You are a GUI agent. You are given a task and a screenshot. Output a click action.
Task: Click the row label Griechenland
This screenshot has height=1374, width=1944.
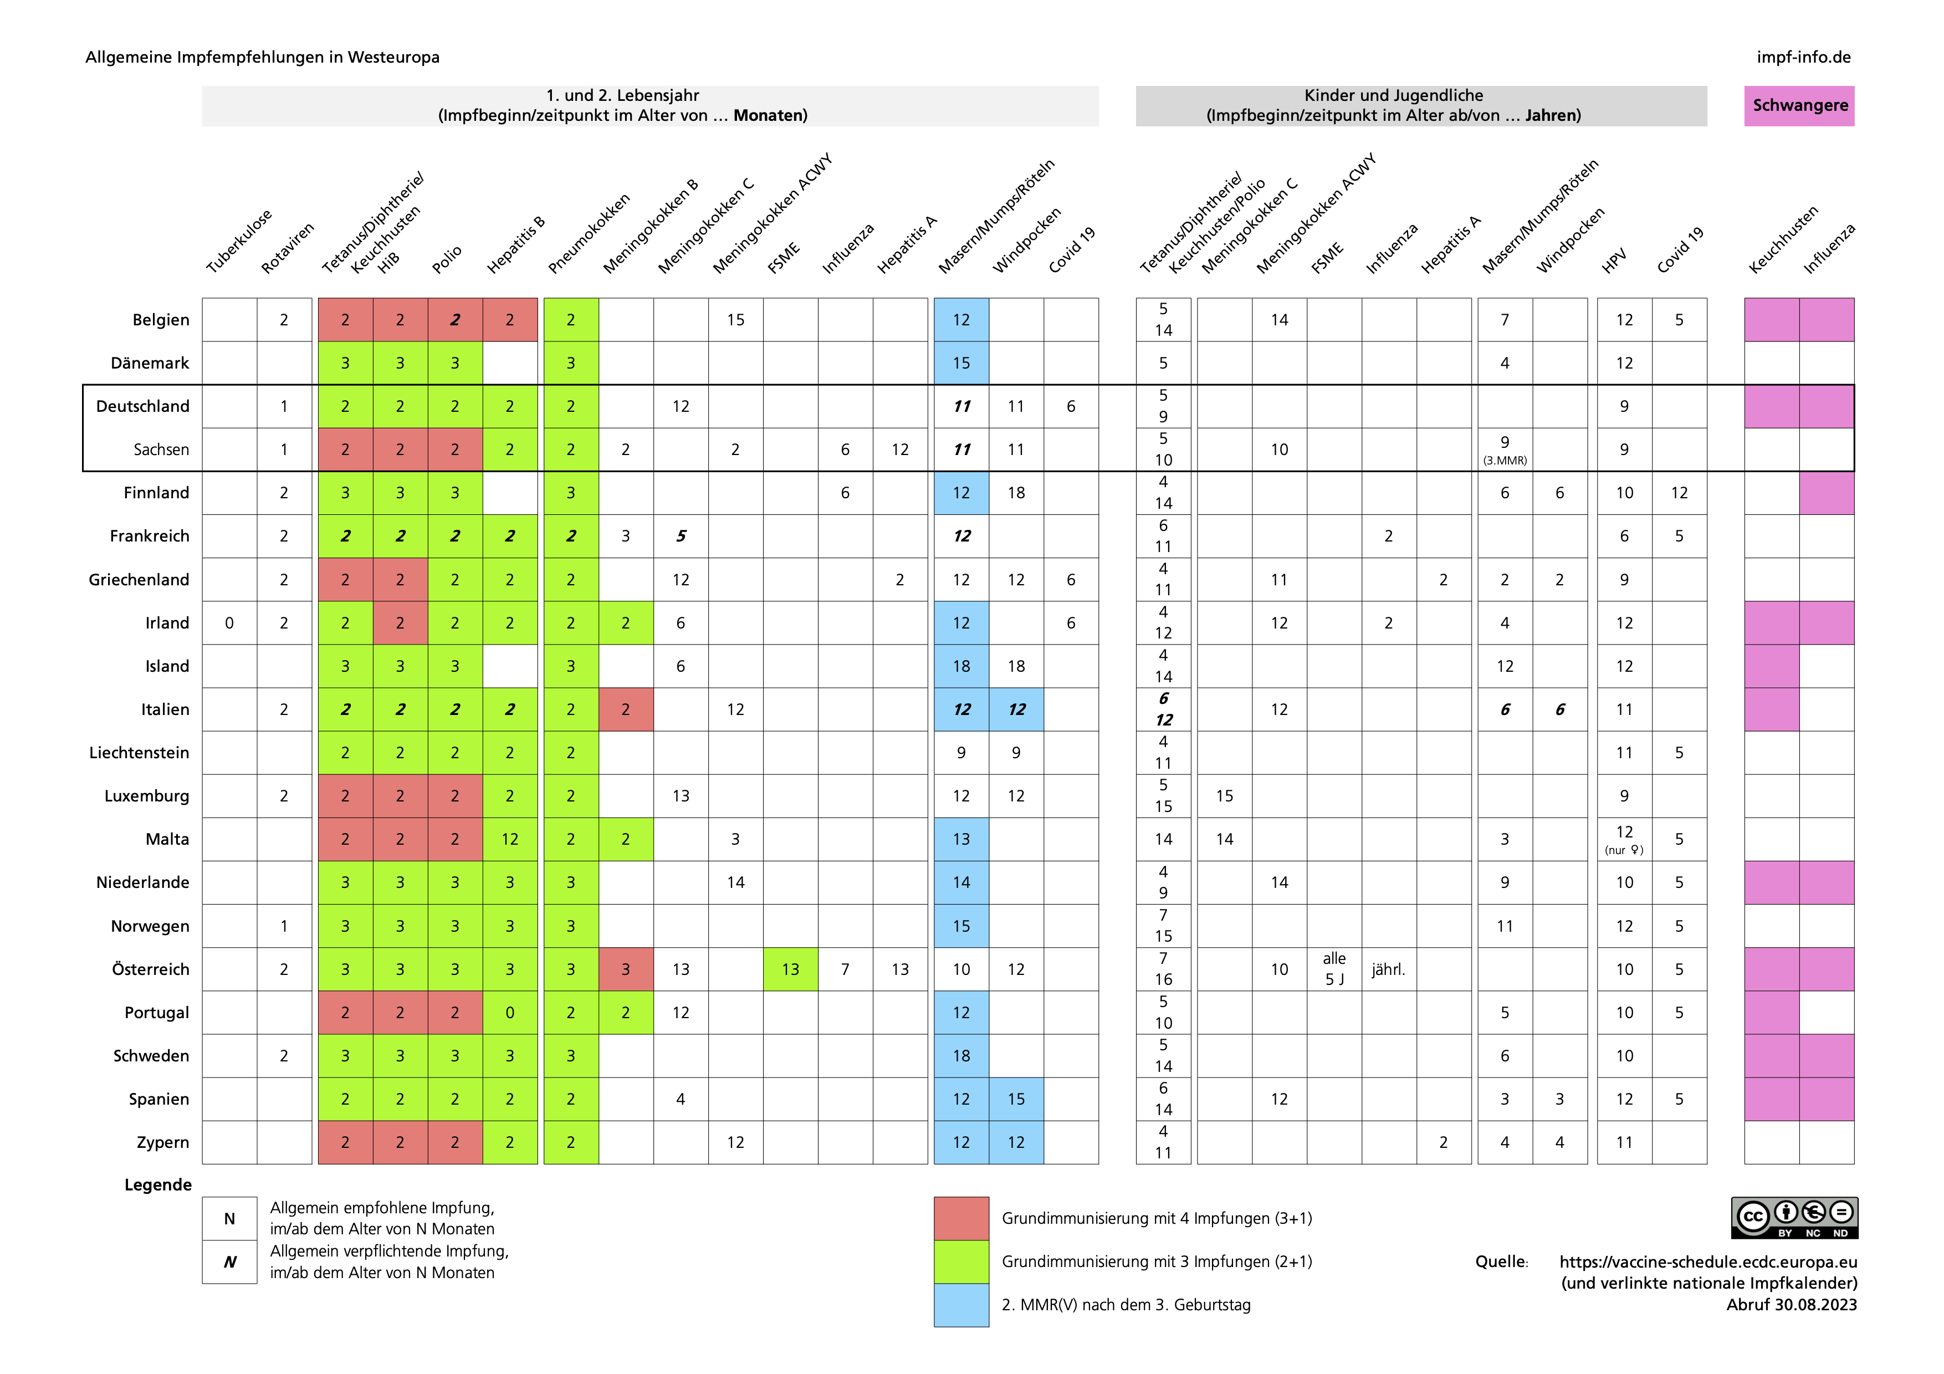139,580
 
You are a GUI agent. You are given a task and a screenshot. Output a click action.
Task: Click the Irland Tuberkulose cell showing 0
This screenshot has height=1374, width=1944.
229,623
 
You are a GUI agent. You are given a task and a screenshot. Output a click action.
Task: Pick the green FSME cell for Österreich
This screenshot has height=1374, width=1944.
790,969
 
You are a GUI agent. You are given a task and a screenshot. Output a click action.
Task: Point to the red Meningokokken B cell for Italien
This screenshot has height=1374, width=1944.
626,709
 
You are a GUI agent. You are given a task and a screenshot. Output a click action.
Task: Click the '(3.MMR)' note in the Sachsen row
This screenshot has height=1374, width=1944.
1505,461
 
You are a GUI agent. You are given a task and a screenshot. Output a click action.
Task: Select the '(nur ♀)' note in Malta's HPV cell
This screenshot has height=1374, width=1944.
1623,850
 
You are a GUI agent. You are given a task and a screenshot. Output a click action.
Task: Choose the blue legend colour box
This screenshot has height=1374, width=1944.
961,1305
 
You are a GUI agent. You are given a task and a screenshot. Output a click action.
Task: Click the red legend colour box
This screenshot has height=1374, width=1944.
961,1218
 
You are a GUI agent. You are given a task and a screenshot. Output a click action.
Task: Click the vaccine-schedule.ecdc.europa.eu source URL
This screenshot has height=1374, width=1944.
1708,1261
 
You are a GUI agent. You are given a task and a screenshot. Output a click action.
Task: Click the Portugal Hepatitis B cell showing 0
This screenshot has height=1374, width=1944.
510,1013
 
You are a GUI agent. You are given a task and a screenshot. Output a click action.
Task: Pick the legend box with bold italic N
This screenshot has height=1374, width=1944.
229,1262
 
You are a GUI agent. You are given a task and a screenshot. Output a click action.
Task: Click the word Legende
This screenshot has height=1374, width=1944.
158,1184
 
